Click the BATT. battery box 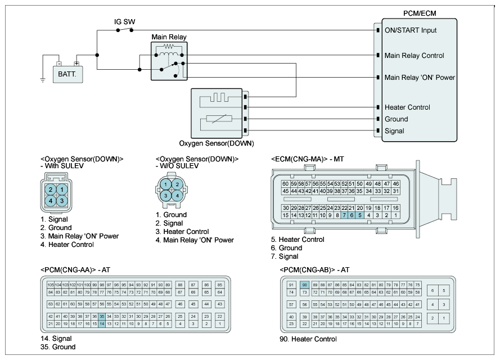pyautogui.click(x=67, y=73)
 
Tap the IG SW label pyautogui.click(x=124, y=22)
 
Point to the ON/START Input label pyautogui.click(x=411, y=30)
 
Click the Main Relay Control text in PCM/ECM pyautogui.click(x=414, y=56)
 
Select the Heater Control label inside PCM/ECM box pyautogui.click(x=407, y=107)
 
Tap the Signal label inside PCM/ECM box pyautogui.click(x=394, y=131)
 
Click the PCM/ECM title pyautogui.click(x=419, y=12)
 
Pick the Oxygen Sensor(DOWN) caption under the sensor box pyautogui.click(x=216, y=143)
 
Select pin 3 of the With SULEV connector pyautogui.click(x=62, y=200)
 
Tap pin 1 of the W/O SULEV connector pyautogui.click(x=166, y=184)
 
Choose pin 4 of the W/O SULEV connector pyautogui.click(x=177, y=195)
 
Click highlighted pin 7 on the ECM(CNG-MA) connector pyautogui.click(x=344, y=215)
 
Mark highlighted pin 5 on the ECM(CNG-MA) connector pyautogui.click(x=360, y=215)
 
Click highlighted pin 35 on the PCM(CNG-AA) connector pyautogui.click(x=102, y=316)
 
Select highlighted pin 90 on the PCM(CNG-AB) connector pyautogui.click(x=305, y=285)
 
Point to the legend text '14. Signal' pyautogui.click(x=56, y=339)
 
